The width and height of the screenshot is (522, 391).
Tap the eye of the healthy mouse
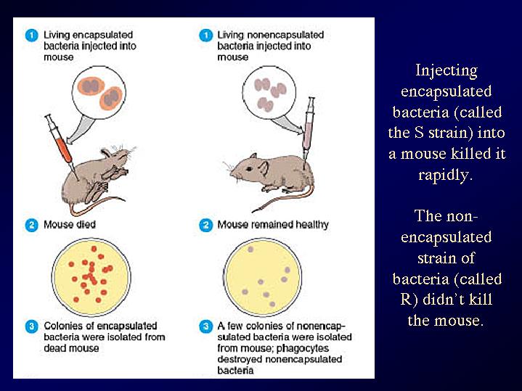click(249, 169)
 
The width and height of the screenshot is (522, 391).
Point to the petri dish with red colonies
click(91, 277)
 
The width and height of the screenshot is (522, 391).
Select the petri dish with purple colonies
click(263, 277)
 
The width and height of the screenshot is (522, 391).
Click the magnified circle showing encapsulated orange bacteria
click(99, 92)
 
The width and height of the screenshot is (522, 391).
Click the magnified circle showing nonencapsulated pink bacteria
click(269, 92)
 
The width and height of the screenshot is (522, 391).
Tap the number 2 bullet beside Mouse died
click(32, 226)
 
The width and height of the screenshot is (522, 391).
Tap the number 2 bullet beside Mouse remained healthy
click(205, 226)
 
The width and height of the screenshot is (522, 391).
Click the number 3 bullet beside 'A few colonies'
click(205, 326)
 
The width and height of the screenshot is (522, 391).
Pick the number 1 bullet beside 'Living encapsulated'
click(32, 36)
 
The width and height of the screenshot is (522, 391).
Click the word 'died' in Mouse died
click(86, 225)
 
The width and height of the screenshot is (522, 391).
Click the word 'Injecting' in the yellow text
click(446, 71)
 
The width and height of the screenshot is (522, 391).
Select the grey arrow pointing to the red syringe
click(78, 129)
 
